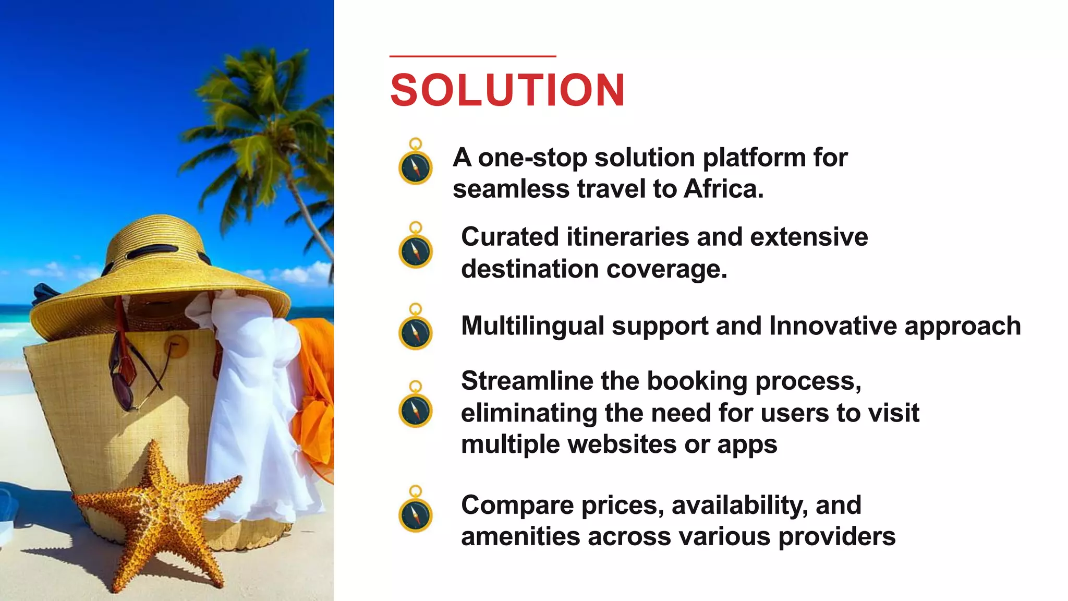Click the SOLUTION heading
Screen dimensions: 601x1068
click(x=507, y=90)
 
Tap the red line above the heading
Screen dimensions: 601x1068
click(x=472, y=56)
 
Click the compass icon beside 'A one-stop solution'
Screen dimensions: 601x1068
click(x=416, y=167)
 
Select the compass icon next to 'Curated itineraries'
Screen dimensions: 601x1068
click(x=416, y=250)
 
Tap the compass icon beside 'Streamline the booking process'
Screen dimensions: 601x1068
click(x=416, y=410)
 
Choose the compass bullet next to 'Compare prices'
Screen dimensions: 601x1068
click(x=416, y=514)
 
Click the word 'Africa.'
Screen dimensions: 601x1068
click(x=723, y=189)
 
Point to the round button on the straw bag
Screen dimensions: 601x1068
click(x=176, y=345)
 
